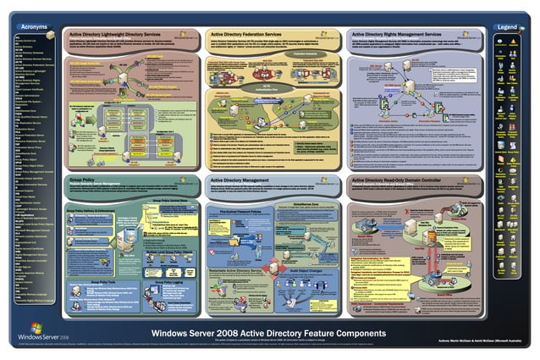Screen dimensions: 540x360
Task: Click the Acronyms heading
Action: tap(33, 27)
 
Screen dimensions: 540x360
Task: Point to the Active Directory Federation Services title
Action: tap(253, 34)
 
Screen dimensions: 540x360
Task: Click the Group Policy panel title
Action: tap(83, 180)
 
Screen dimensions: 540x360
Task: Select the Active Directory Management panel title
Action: tap(243, 180)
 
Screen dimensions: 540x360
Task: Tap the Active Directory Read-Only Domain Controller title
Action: tap(410, 180)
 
